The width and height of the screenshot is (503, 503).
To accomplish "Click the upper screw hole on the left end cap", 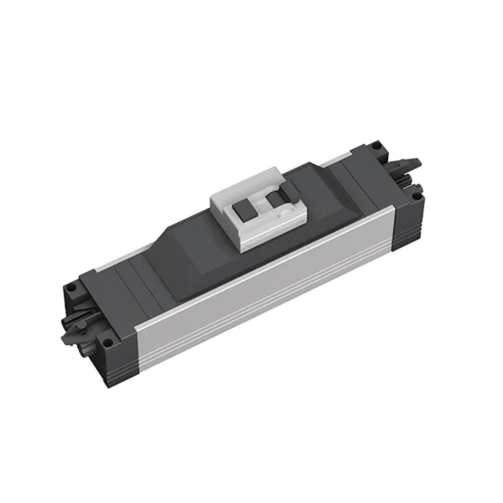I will pyautogui.click(x=73, y=287).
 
